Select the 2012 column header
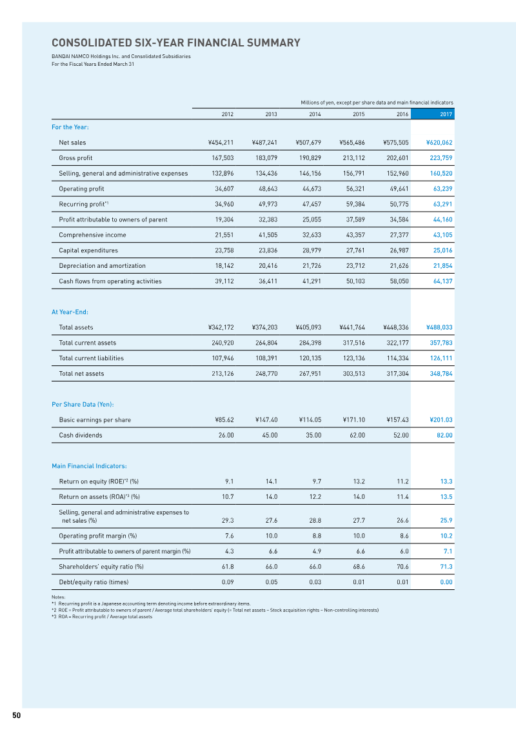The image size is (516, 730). click(x=227, y=114)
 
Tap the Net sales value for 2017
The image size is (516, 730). click(x=439, y=143)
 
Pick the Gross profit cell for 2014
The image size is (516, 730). click(x=308, y=158)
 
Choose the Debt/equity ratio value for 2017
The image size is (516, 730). click(x=446, y=582)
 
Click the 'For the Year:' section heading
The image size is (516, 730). click(x=70, y=127)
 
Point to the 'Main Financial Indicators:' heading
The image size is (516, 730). click(x=89, y=466)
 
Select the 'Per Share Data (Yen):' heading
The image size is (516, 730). click(x=83, y=405)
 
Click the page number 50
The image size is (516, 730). click(x=16, y=715)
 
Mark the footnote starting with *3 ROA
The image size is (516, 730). click(x=102, y=617)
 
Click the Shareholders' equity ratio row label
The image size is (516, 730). click(x=101, y=567)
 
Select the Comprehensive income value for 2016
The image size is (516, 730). click(x=396, y=235)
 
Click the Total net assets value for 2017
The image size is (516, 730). click(x=441, y=374)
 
